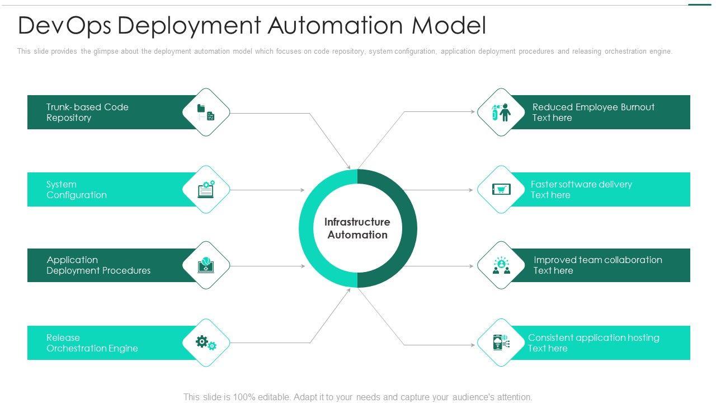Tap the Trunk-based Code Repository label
[87, 113]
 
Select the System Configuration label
[76, 190]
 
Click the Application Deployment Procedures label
[98, 265]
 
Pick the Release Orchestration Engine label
[92, 343]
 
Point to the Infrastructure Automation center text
[357, 228]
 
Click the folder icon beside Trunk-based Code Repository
[206, 112]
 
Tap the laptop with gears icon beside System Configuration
[206, 189]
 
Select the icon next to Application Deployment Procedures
[206, 265]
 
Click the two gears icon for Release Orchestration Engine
[206, 343]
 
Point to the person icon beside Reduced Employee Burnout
[501, 112]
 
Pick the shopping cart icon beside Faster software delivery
[501, 189]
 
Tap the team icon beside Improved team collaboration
[501, 265]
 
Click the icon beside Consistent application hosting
[501, 343]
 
